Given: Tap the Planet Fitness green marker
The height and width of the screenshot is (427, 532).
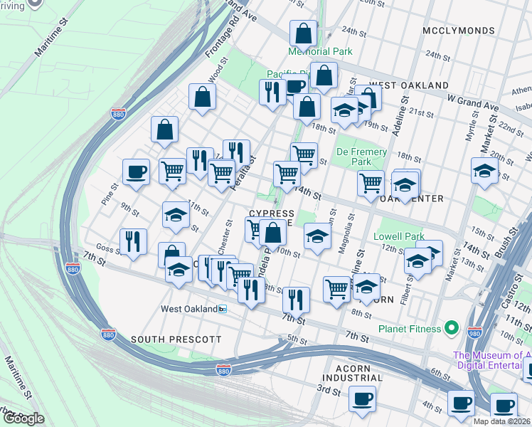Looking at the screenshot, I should pos(450,328).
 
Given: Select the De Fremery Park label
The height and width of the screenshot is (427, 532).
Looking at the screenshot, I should pos(361,157).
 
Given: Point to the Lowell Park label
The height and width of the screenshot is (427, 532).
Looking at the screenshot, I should pos(399,236).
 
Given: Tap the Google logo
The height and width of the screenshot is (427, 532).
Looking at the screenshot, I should pos(23,418).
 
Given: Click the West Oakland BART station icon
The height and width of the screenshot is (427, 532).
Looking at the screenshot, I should pos(223,309).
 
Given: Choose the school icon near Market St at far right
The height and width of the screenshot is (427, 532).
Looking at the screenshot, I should pos(484,171).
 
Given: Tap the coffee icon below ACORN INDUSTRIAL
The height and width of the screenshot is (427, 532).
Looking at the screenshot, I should pos(363,399).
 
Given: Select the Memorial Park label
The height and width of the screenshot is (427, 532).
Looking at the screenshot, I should pos(319,51).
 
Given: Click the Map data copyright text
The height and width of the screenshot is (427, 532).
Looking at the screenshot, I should pos(502,421).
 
